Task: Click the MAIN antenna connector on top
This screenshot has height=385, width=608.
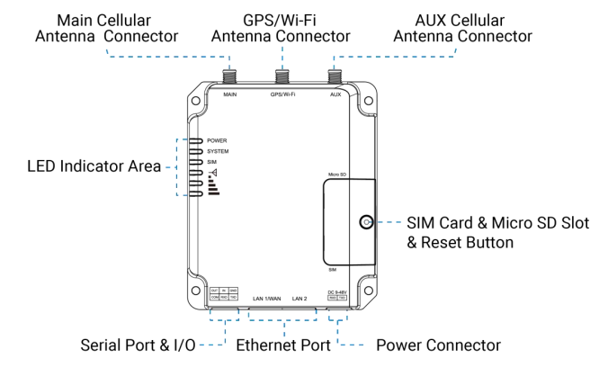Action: (x=229, y=73)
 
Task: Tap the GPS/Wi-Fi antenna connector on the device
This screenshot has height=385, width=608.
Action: (x=282, y=73)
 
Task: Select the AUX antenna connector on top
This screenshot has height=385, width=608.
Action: (x=335, y=73)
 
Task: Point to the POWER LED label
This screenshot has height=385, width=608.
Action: (x=216, y=141)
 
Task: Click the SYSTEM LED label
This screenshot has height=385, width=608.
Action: (x=218, y=151)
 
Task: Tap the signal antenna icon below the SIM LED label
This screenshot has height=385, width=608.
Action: (x=212, y=172)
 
